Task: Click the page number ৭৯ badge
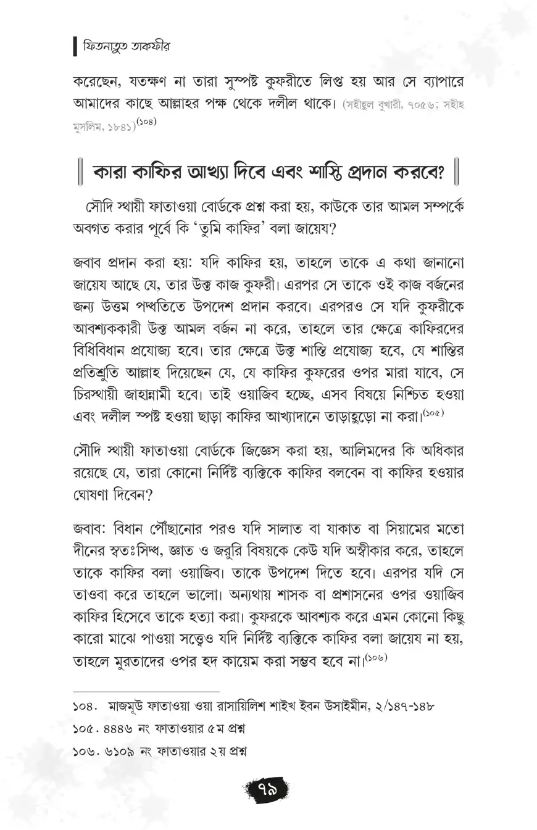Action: (x=267, y=788)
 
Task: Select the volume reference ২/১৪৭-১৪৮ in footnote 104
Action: (x=401, y=705)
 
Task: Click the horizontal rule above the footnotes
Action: (x=146, y=692)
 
